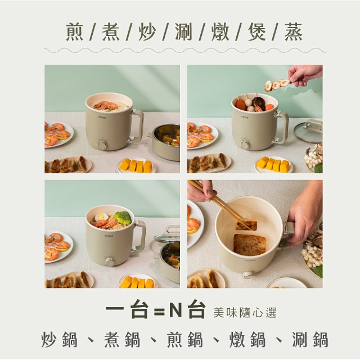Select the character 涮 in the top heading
coord(183,31)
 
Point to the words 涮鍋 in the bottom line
coord(310,339)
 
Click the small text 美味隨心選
coord(245,313)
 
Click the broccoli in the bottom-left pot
coord(122,218)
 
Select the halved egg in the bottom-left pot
coord(102,217)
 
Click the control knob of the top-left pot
coord(102,145)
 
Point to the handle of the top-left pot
coord(137,125)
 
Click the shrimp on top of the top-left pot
coord(106,105)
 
